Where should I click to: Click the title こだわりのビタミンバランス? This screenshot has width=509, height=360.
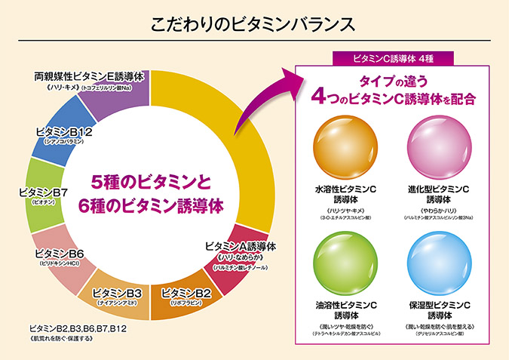tap(254, 21)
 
